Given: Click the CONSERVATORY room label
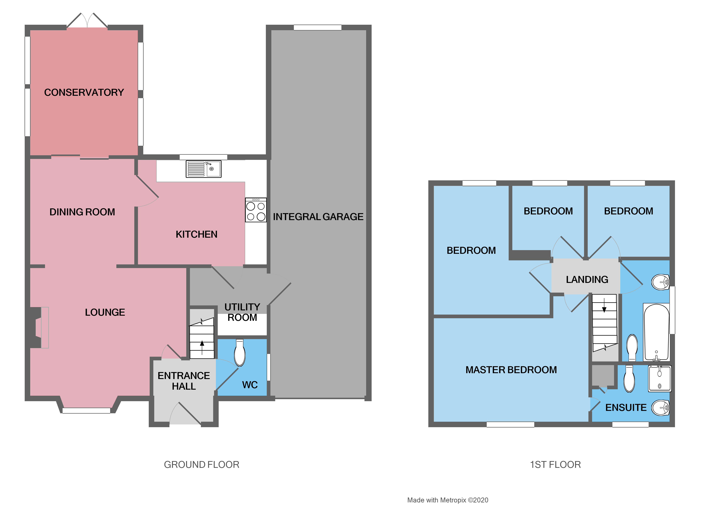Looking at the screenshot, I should (x=84, y=92).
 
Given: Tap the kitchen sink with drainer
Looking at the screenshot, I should (x=203, y=169).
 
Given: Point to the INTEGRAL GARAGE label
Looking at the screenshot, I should (x=318, y=217).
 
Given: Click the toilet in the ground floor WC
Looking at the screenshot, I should (x=240, y=353).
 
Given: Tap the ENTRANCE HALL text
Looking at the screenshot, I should (x=184, y=381).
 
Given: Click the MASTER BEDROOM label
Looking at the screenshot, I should (x=511, y=370).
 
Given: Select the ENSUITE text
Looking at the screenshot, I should (x=626, y=407).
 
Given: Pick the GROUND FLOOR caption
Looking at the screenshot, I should (x=201, y=465).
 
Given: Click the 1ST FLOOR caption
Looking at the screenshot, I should (x=555, y=465).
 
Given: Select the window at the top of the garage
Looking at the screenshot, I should (x=317, y=27).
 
